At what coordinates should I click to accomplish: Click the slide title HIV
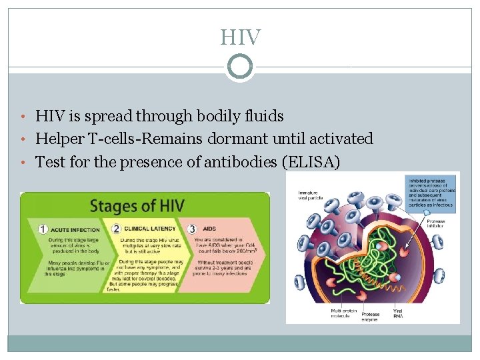point(240,37)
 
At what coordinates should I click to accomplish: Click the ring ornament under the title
point(240,66)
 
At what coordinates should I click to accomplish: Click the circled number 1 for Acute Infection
point(43,229)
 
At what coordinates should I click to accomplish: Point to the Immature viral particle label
point(308,195)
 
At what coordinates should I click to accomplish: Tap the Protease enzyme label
point(371,317)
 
